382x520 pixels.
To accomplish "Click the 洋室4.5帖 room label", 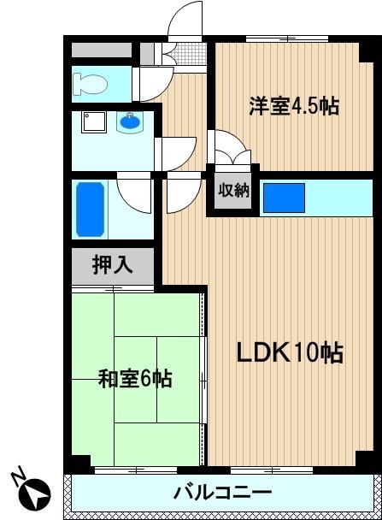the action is (x=294, y=105).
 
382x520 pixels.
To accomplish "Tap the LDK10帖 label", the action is (x=290, y=352).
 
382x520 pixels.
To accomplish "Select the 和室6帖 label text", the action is (x=135, y=379).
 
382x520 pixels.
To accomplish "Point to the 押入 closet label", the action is (x=112, y=265).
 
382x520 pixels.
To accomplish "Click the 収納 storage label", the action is (x=233, y=191).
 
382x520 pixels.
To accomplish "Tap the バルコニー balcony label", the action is (x=223, y=493).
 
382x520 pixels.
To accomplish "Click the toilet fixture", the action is (x=90, y=84).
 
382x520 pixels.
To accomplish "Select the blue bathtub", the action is (x=90, y=210).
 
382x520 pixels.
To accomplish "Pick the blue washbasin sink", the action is (x=131, y=121).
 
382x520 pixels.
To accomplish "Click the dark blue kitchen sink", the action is (x=284, y=198).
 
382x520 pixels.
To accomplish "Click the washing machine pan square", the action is (x=94, y=122).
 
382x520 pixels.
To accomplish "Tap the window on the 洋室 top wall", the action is (x=287, y=38).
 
